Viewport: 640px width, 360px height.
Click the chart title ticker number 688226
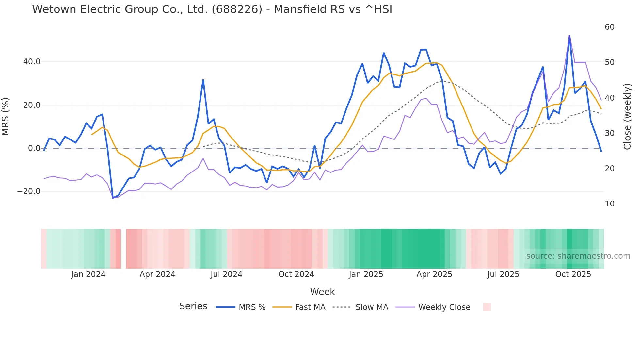coord(237,9)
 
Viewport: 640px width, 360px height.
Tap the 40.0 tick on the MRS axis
coord(32,62)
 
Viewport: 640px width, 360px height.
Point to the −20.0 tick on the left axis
coord(29,191)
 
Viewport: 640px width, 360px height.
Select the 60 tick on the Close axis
coord(609,27)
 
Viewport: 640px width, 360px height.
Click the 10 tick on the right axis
coord(609,204)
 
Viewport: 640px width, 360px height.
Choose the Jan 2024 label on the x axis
coord(88,274)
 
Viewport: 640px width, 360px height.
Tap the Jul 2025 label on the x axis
coord(503,274)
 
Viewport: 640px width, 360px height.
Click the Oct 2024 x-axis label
coord(296,274)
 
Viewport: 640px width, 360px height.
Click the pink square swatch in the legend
coord(487,307)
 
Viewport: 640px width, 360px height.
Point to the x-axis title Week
coord(322,292)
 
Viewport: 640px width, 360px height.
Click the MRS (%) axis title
coord(6,116)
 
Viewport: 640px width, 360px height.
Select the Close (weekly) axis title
coord(627,116)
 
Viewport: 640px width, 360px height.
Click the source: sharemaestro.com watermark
coord(578,256)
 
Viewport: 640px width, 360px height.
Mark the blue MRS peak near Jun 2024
coord(203,80)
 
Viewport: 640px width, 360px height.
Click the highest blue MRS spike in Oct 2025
coord(569,36)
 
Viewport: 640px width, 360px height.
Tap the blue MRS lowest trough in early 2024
coord(113,198)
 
